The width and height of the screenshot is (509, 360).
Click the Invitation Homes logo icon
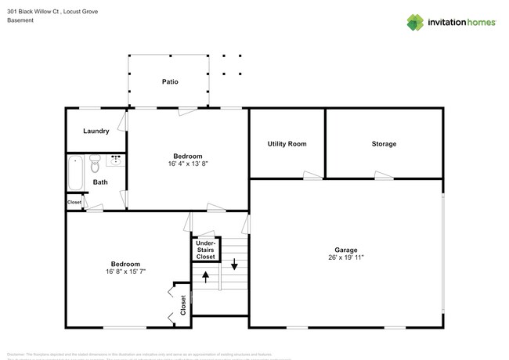tap(416, 22)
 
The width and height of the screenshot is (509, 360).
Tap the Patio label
tap(169, 81)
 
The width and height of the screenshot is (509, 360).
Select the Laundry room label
tap(95, 131)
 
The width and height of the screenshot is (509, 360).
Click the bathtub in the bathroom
tap(75, 173)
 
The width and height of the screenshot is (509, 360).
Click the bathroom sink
tap(117, 161)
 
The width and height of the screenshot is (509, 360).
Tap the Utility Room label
tap(287, 144)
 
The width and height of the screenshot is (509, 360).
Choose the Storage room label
tap(384, 144)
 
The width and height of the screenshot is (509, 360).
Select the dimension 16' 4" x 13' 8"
tap(187, 164)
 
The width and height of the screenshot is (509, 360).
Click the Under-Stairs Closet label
tap(205, 250)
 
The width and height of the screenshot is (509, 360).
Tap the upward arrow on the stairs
tap(206, 276)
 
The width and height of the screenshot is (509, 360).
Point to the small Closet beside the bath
tap(74, 203)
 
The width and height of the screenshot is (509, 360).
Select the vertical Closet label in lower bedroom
tap(183, 304)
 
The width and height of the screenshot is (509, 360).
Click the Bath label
tap(100, 182)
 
